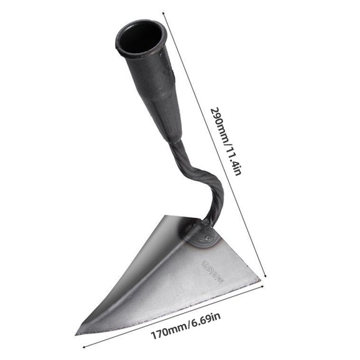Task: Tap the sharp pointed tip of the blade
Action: (x=77, y=333)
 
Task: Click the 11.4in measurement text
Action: (x=232, y=161)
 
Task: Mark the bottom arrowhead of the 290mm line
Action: (x=267, y=275)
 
